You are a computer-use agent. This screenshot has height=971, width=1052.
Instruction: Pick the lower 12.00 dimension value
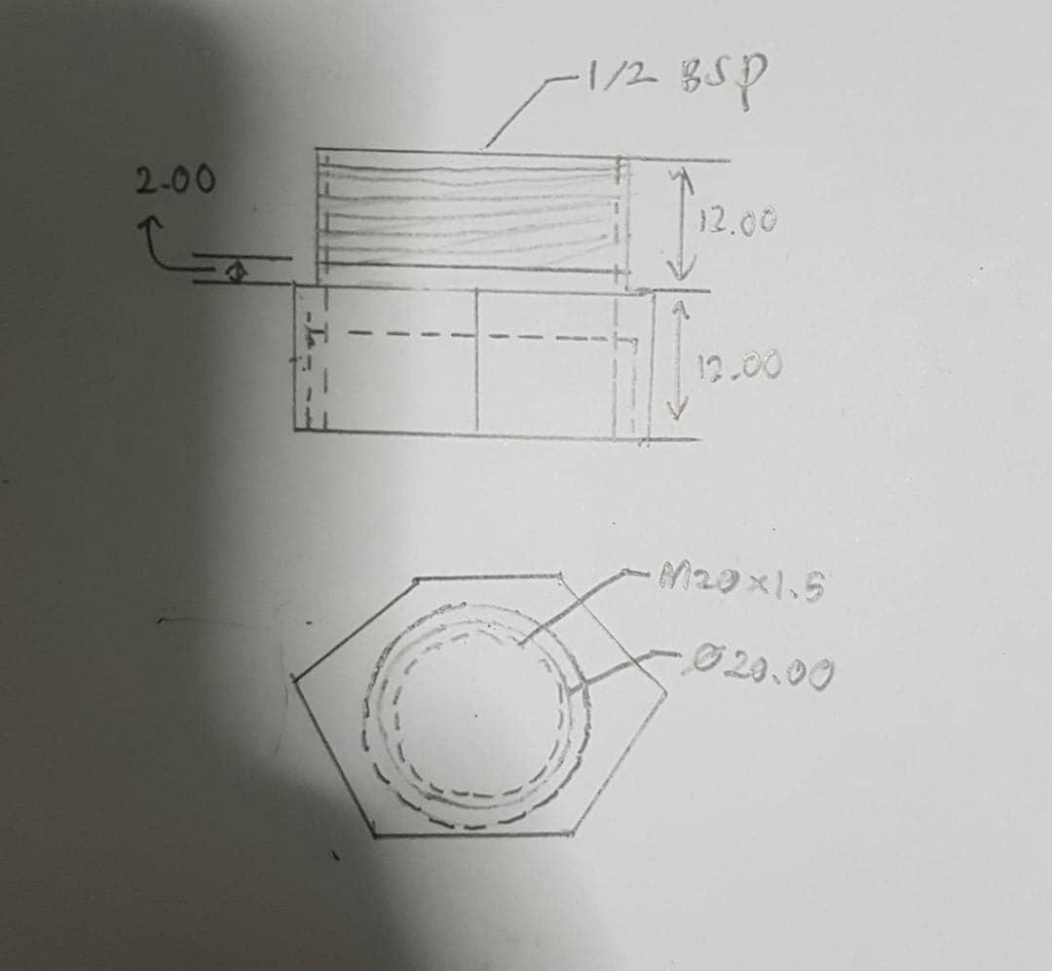tap(726, 367)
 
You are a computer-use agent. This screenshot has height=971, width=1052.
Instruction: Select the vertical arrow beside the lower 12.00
tap(680, 360)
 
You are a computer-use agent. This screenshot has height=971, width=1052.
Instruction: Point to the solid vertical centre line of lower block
tap(476, 360)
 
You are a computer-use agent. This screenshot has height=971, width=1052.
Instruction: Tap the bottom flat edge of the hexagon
tap(472, 834)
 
